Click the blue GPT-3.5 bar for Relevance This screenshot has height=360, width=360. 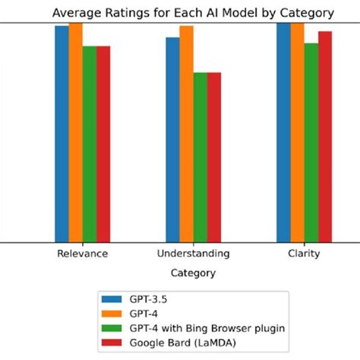(62, 134)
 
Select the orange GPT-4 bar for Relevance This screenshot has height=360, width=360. (76, 132)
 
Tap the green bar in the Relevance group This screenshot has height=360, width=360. (90, 144)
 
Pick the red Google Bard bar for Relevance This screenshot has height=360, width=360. (103, 144)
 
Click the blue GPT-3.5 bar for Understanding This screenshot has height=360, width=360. (173, 140)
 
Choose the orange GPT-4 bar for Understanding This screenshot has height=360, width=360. (187, 134)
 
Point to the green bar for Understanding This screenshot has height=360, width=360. (201, 157)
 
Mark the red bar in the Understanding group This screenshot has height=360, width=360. (214, 157)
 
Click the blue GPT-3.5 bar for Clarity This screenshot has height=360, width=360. (283, 132)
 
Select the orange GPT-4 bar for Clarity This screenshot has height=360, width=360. (297, 132)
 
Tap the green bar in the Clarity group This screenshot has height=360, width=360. (311, 142)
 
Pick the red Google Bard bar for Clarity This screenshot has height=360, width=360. (325, 137)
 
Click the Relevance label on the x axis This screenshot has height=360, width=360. (82, 254)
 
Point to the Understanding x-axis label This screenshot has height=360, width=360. (193, 254)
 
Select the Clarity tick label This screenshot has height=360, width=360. (304, 254)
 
